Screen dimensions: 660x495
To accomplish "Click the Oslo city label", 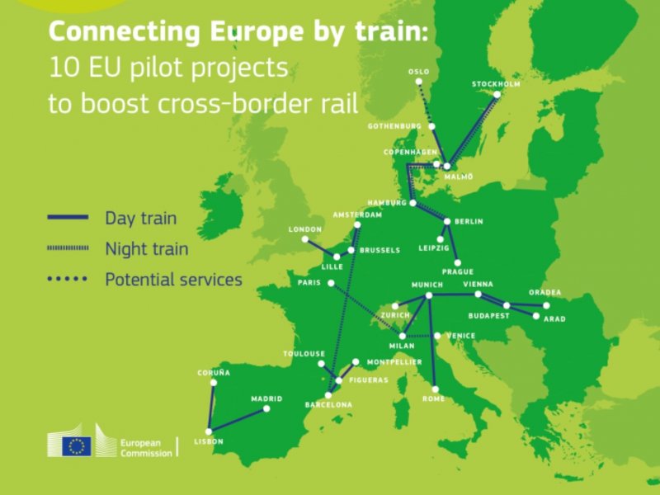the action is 418,72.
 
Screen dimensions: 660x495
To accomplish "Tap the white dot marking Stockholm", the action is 497,94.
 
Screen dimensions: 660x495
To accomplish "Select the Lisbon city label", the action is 209,442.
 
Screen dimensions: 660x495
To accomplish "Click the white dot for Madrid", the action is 266,408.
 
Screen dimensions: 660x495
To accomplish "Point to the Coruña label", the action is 213,373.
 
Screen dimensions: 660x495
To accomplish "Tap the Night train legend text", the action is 147,248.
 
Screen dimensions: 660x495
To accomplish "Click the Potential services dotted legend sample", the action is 68,280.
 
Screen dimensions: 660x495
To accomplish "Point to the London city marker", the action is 304,239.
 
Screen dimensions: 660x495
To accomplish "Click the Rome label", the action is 433,399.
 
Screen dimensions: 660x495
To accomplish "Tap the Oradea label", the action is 545,292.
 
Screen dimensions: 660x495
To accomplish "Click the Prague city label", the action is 457,272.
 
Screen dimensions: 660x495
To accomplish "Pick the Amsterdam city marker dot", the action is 357,224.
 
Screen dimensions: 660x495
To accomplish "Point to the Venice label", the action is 460,336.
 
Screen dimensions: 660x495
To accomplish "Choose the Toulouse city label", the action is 304,353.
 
